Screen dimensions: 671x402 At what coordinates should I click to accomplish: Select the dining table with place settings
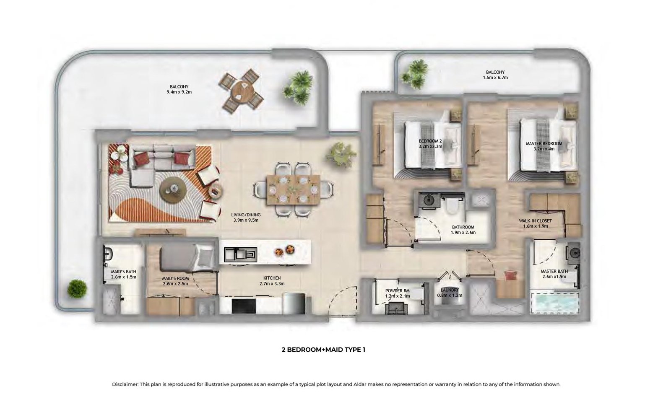pos(293,190)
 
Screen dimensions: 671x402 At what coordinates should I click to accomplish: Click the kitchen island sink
pos(241,255)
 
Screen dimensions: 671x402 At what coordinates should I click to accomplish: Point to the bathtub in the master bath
pos(555,303)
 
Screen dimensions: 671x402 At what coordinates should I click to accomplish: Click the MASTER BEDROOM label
pos(544,144)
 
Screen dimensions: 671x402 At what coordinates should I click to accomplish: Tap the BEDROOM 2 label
pos(430,141)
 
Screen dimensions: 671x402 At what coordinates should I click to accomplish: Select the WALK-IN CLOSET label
pos(535,221)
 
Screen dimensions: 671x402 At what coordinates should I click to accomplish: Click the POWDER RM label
pos(398,290)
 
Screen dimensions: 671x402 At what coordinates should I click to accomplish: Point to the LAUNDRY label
pos(450,290)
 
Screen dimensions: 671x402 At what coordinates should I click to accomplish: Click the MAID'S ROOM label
pos(175,278)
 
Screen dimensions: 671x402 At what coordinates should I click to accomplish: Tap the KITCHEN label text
pos(272,278)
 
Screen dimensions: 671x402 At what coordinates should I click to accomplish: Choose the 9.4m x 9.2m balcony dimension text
pos(179,92)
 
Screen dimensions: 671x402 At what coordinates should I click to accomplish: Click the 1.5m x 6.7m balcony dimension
pos(495,78)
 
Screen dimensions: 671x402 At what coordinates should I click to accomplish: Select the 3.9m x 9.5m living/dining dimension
pos(246,220)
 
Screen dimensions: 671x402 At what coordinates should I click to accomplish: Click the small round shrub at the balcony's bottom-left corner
pos(77,289)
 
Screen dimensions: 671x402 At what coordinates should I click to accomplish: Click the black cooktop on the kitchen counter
pos(244,306)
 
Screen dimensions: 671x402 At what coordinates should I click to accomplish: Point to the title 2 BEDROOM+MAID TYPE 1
pos(323,350)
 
